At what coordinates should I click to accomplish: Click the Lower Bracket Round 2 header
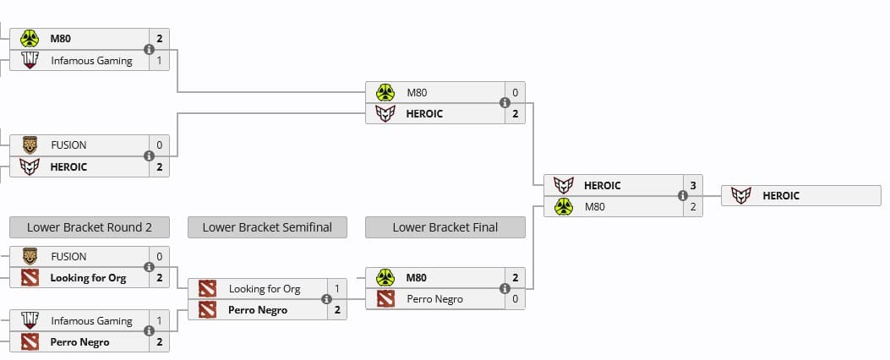tap(89, 227)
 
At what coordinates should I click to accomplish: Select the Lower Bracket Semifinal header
tap(267, 227)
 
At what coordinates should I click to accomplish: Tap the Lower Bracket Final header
tap(445, 227)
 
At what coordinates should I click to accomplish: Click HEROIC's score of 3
tap(693, 185)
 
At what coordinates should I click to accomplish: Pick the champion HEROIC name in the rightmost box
tap(780, 196)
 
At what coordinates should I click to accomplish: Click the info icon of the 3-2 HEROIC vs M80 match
tap(683, 196)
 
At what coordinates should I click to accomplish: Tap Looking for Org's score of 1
tap(337, 289)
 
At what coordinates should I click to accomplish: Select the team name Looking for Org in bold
tap(88, 278)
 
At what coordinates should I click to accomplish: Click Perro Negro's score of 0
tap(515, 299)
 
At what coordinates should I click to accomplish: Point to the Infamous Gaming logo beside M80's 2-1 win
tap(30, 61)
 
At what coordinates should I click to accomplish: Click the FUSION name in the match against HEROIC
tap(68, 145)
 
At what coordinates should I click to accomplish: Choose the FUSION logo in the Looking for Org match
tap(30, 256)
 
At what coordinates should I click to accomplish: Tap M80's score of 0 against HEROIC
tap(515, 92)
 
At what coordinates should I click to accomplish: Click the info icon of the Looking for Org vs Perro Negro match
tap(327, 299)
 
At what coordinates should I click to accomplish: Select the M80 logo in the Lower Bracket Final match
tap(385, 277)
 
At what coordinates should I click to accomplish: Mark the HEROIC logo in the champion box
tap(741, 196)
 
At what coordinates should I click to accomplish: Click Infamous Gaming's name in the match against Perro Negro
tap(91, 321)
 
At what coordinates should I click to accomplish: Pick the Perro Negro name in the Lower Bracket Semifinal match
tap(258, 310)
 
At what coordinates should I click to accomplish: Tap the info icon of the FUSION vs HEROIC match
tap(149, 156)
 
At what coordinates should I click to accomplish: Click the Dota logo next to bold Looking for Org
tap(30, 278)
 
